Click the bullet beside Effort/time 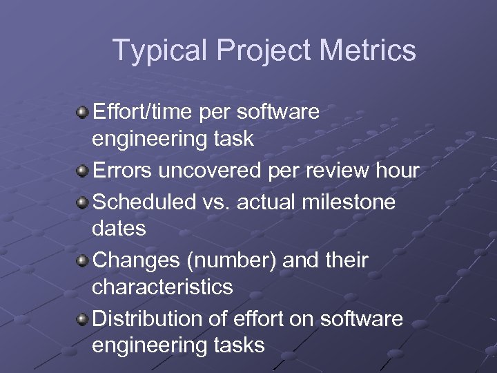[x=83, y=111]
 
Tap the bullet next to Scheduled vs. [x=83, y=202]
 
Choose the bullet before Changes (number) [x=83, y=260]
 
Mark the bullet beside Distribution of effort [x=83, y=319]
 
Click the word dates [x=119, y=228]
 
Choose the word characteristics [x=162, y=287]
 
